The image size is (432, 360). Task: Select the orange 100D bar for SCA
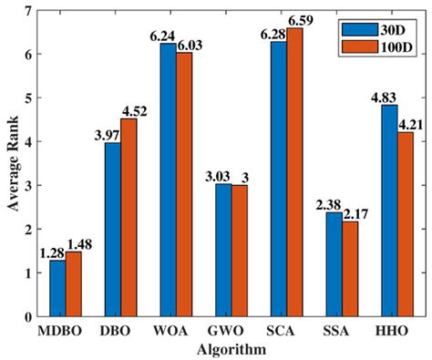coord(297,172)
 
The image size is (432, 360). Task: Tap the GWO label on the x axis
coord(231,331)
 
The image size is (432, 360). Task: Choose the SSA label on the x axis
coord(343,331)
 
